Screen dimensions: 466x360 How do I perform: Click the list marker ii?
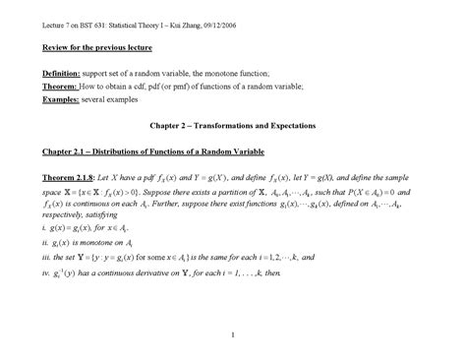(32, 240)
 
